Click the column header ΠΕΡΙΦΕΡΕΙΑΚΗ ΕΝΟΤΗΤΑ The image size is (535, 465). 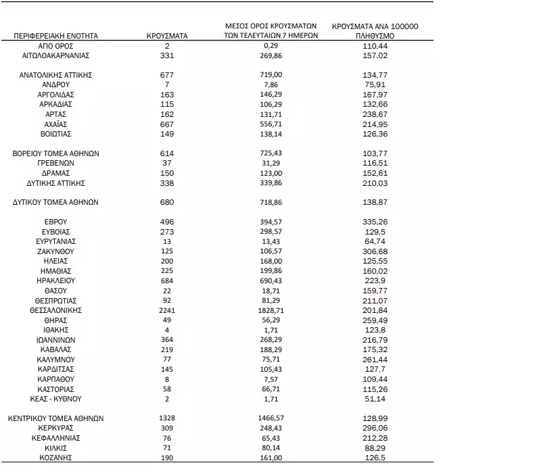(56, 35)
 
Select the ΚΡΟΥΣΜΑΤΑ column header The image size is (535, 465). (166, 35)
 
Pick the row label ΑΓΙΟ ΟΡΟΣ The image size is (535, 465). (56, 45)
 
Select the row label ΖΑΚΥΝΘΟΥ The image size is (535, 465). (56, 251)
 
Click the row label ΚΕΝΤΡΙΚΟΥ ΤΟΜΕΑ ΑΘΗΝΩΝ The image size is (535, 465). (56, 419)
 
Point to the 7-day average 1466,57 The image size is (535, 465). (271, 419)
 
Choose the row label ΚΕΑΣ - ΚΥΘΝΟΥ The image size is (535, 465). (56, 400)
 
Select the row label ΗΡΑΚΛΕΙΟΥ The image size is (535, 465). (56, 280)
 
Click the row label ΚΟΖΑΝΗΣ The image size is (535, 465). (56, 457)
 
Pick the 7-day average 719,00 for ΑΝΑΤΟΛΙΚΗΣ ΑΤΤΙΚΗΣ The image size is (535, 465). (271, 75)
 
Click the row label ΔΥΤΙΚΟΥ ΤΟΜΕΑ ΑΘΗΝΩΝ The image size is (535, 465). (56, 202)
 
